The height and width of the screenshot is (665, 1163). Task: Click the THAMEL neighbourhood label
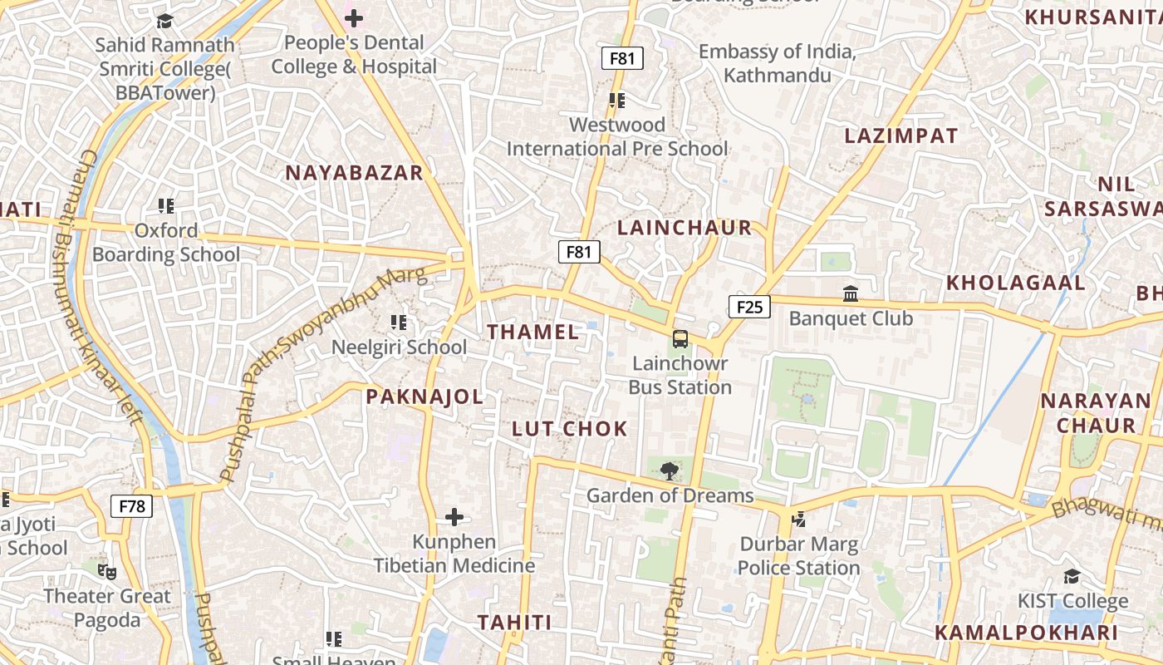(x=532, y=332)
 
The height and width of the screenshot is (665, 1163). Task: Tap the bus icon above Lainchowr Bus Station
(x=680, y=339)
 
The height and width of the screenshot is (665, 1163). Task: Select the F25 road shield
(x=749, y=307)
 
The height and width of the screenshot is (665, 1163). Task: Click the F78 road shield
(x=131, y=505)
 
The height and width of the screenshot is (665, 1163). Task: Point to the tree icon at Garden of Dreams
(x=669, y=471)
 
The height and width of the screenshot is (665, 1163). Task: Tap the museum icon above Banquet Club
(x=851, y=294)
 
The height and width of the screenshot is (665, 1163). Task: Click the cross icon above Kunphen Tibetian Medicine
(x=454, y=518)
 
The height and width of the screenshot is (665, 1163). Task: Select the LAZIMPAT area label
(x=901, y=136)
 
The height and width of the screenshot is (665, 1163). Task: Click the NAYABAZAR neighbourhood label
(x=354, y=173)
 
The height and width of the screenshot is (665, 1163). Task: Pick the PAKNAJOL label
(x=424, y=397)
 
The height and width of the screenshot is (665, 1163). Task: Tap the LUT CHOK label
(x=569, y=429)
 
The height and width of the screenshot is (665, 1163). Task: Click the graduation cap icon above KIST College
(x=1072, y=577)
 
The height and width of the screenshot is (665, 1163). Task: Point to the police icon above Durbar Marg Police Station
(x=798, y=520)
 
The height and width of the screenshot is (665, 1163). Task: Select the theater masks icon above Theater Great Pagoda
(x=106, y=572)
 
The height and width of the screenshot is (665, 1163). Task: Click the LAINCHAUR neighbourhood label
(x=685, y=228)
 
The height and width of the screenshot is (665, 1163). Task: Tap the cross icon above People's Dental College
(x=354, y=18)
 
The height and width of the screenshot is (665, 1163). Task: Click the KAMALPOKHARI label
(x=1026, y=633)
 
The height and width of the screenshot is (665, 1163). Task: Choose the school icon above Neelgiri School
(x=399, y=323)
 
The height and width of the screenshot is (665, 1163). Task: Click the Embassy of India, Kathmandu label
(x=777, y=63)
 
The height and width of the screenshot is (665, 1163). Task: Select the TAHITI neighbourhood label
(x=514, y=623)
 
